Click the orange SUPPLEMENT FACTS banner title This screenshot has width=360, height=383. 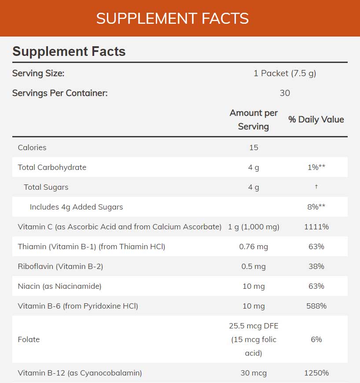tap(173, 18)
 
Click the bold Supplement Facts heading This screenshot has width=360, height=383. tap(69, 52)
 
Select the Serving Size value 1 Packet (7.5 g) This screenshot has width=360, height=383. tap(285, 73)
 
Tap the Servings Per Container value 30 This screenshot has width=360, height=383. tap(285, 93)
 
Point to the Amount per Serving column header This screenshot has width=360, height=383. tap(253, 120)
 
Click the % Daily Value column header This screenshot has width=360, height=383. tap(316, 120)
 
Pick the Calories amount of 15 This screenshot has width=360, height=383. tap(253, 147)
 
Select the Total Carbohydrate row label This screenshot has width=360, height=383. tap(52, 167)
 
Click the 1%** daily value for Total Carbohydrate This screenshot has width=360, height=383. tap(316, 167)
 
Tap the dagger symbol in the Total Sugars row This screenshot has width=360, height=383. tap(316, 187)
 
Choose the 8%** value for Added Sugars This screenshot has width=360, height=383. tap(316, 207)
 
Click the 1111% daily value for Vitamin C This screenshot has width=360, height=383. tap(316, 227)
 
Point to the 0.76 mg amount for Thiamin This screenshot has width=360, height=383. tap(253, 247)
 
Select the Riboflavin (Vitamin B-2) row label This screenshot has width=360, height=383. tap(60, 266)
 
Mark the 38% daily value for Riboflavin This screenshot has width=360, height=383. tap(316, 266)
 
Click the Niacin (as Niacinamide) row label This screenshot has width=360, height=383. tap(59, 286)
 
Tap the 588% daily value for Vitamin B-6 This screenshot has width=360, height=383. tap(316, 306)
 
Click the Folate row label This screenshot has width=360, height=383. tap(29, 339)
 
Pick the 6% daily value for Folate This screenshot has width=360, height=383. tap(316, 339)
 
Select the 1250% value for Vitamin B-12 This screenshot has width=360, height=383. tap(316, 373)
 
